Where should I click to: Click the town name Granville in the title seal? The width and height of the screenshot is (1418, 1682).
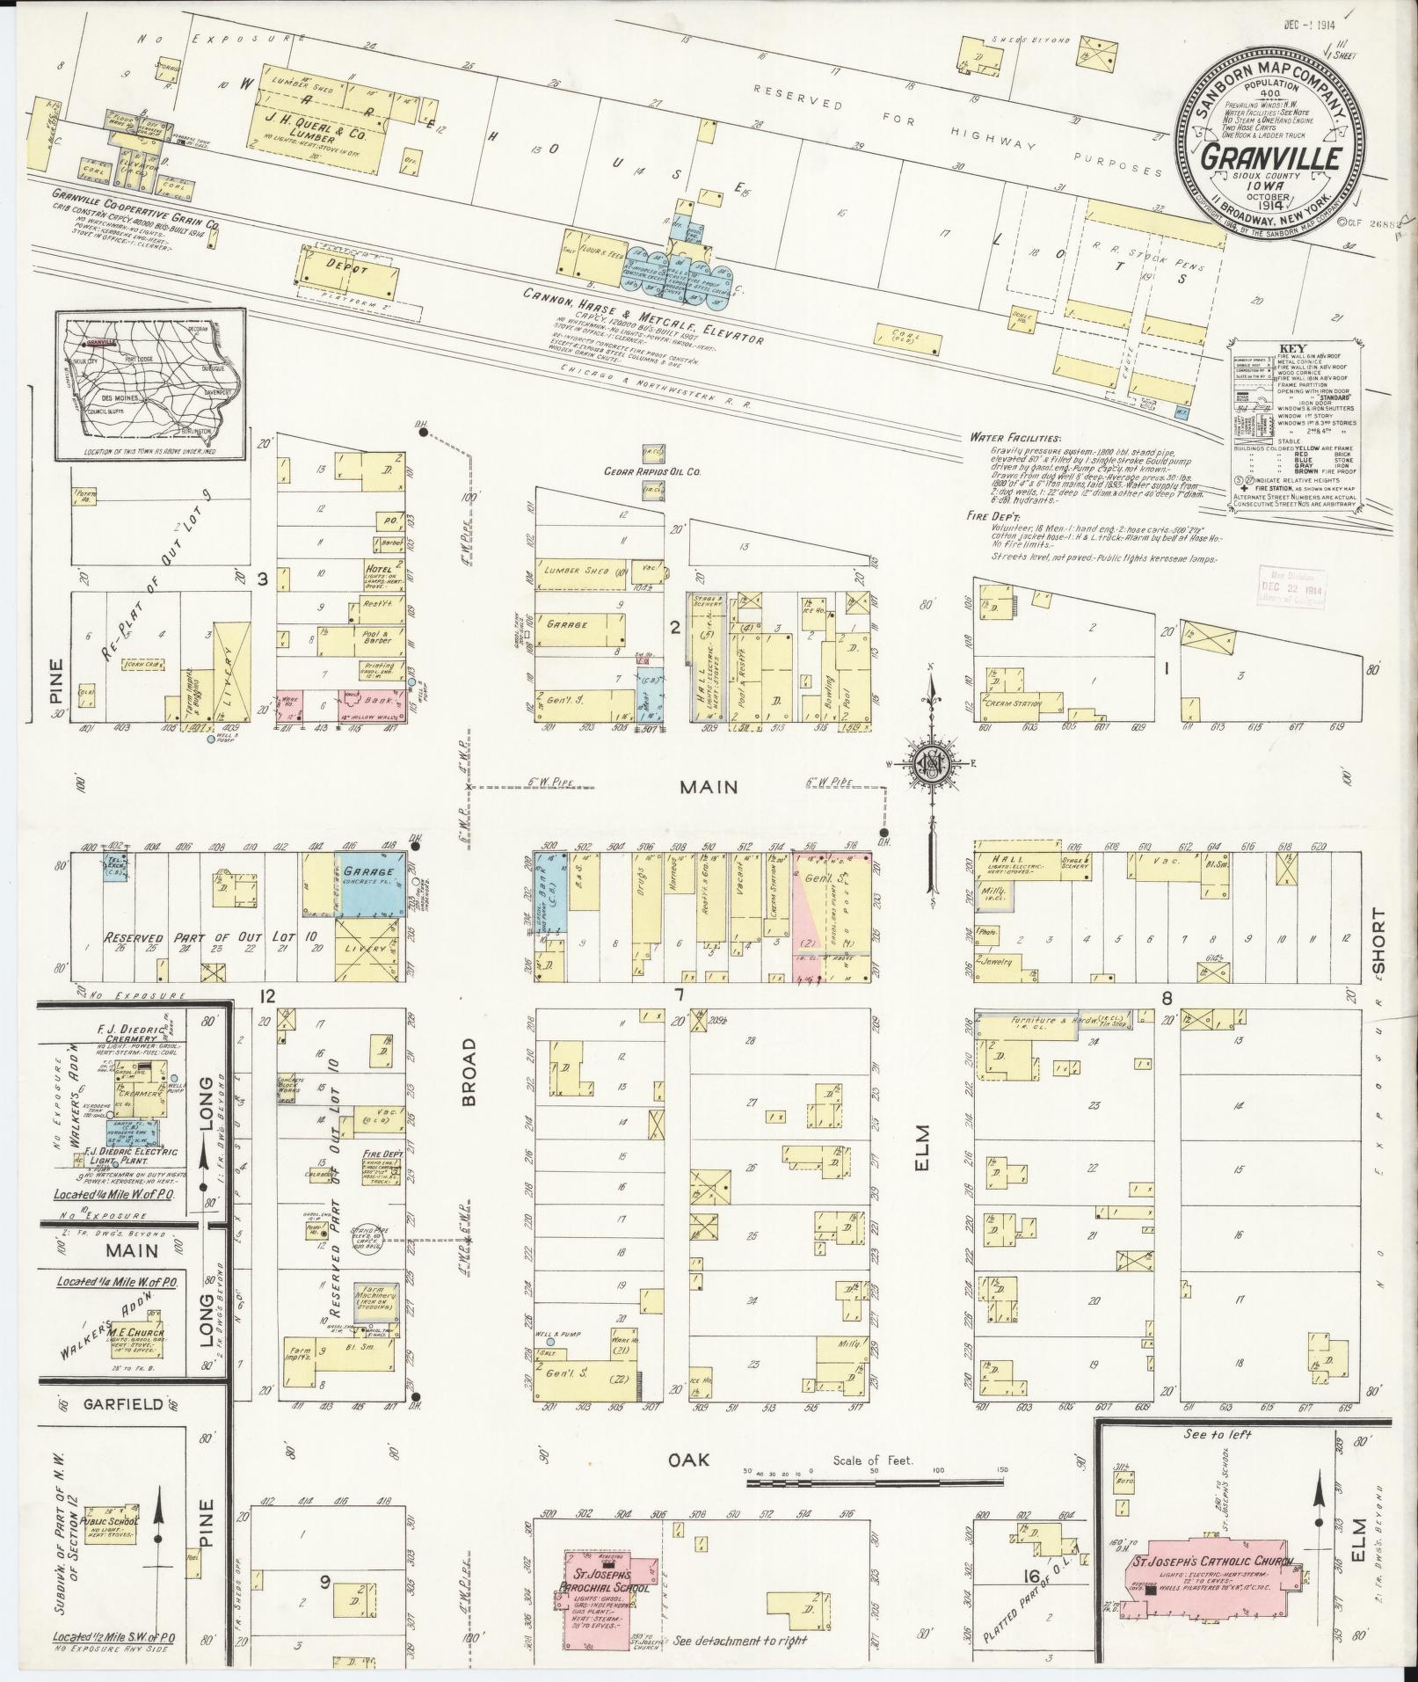click(x=1270, y=159)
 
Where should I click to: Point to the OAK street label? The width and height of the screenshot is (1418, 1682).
click(x=688, y=1460)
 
